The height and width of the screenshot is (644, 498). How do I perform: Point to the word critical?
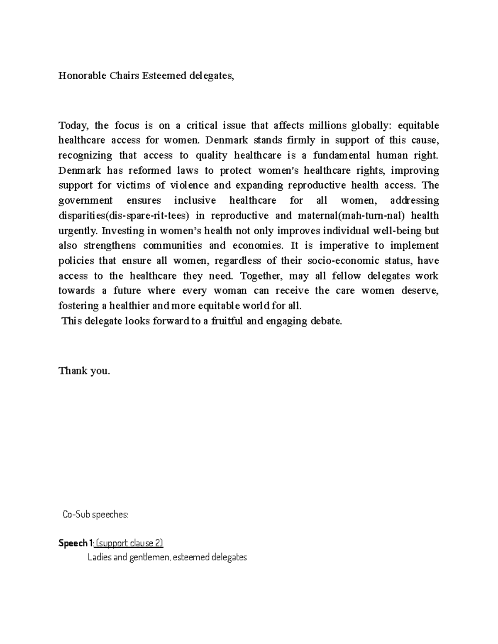pyautogui.click(x=202, y=125)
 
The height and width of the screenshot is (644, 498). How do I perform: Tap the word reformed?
pyautogui.click(x=149, y=170)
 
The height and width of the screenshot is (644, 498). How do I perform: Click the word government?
pyautogui.click(x=85, y=201)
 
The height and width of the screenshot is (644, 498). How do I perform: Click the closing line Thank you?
pyautogui.click(x=84, y=371)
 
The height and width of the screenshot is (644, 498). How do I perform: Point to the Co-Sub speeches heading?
pyautogui.click(x=95, y=515)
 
